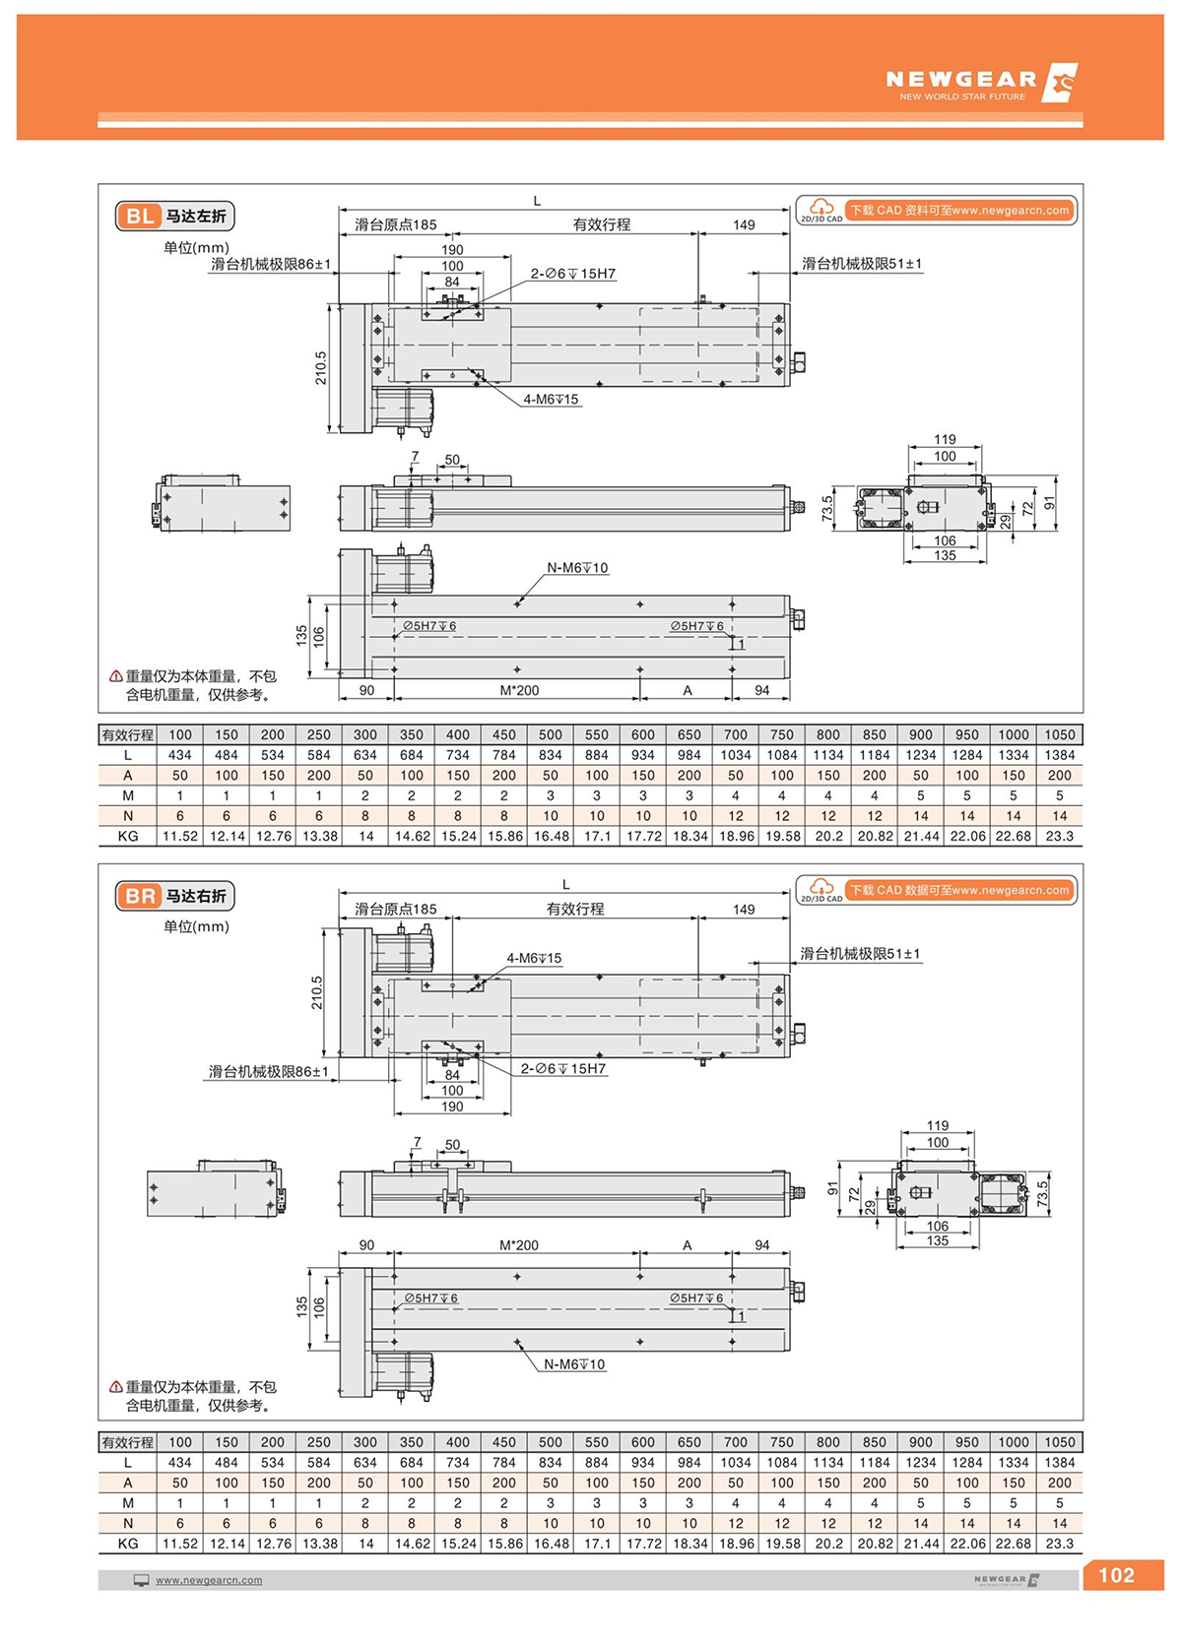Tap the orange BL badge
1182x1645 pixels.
[140, 217]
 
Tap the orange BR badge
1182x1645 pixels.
[140, 896]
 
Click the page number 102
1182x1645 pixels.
[1116, 1575]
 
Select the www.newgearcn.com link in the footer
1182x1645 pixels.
[209, 1580]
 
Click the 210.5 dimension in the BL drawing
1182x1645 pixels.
[321, 367]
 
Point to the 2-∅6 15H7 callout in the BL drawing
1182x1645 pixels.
[573, 274]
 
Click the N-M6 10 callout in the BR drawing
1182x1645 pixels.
[574, 1364]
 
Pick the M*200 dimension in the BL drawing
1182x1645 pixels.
[519, 690]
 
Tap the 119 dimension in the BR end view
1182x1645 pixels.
[938, 1125]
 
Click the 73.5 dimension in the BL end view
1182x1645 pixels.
[827, 508]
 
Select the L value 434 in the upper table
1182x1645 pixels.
[180, 755]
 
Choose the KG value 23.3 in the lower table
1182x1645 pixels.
[1059, 1544]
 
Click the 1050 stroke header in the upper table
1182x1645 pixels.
[1059, 734]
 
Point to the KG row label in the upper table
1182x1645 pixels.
[128, 836]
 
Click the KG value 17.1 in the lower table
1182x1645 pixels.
[597, 1544]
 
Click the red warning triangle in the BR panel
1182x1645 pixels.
[115, 1387]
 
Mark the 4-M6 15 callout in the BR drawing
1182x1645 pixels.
[534, 958]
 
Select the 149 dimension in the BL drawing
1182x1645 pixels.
[744, 224]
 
